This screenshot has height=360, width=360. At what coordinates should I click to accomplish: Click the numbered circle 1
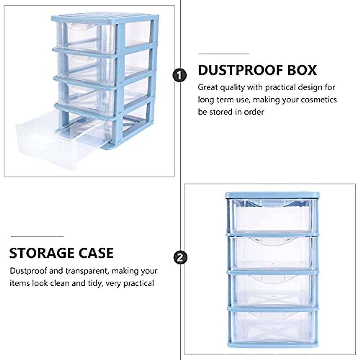tap(180, 75)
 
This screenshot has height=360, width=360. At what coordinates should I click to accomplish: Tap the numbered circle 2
tap(180, 258)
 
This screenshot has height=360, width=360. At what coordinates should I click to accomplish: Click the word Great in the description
tap(208, 88)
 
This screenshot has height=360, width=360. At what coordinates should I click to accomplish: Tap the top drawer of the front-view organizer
tap(271, 216)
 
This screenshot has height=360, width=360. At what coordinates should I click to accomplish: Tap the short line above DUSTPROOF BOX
tap(223, 54)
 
